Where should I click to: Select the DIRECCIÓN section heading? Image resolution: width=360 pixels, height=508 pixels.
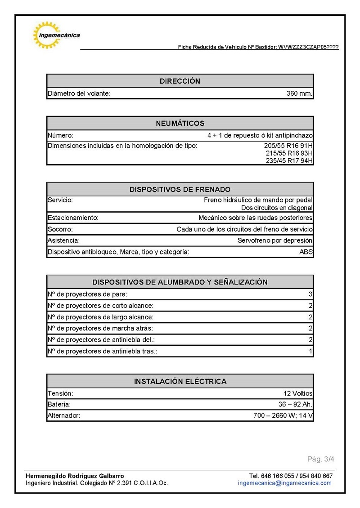point(180,81)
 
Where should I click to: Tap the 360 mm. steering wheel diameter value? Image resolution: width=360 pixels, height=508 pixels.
point(299,94)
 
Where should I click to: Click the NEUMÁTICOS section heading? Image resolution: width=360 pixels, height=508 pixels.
point(180,123)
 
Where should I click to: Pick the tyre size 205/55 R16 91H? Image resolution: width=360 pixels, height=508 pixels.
point(288,146)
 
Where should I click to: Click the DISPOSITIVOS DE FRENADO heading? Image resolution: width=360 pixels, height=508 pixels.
point(180,189)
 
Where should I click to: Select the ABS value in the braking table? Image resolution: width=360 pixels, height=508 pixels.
point(306,252)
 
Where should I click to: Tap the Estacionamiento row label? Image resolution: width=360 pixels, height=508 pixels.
point(73,218)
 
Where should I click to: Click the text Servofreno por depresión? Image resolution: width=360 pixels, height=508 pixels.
point(274,241)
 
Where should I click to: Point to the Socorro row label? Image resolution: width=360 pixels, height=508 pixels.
point(60,229)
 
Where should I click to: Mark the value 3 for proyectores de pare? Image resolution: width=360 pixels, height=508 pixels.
point(310,294)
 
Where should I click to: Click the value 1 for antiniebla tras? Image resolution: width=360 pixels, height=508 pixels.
point(310,351)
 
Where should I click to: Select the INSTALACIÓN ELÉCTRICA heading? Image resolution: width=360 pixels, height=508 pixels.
point(180,381)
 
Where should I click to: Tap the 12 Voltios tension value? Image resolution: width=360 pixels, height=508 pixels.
point(298,393)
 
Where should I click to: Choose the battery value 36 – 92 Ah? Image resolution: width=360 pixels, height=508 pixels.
point(295,405)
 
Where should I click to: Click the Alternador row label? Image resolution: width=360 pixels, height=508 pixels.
point(63,416)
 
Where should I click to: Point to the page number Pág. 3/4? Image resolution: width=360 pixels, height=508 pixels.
point(321,459)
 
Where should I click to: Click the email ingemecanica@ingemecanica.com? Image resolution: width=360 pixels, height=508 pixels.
point(284,483)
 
